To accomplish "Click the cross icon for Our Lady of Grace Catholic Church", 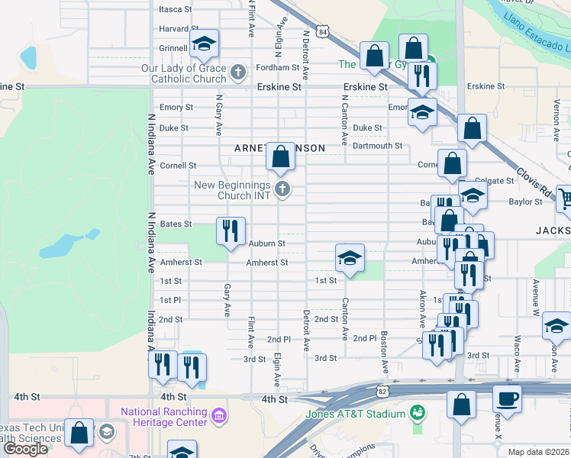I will pos(238,73).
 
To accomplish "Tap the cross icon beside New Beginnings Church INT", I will pos(282,189).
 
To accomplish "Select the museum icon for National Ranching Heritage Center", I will pos(218,416).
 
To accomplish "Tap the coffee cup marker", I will pos(506,398).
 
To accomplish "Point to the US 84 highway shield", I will pos(324,32).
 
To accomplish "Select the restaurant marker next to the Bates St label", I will pos(231,231).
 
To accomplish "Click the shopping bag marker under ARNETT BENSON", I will pos(281,156).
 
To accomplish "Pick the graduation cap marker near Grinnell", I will pos(204,44).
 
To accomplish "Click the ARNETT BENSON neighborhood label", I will pos(279,147).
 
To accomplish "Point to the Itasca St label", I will pos(178,9).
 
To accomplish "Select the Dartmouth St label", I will pos(378,146).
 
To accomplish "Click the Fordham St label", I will pos(277,67).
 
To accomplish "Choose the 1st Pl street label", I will pos(170,301).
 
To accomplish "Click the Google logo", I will pos(25,449).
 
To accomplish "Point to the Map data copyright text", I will pos(539,452).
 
